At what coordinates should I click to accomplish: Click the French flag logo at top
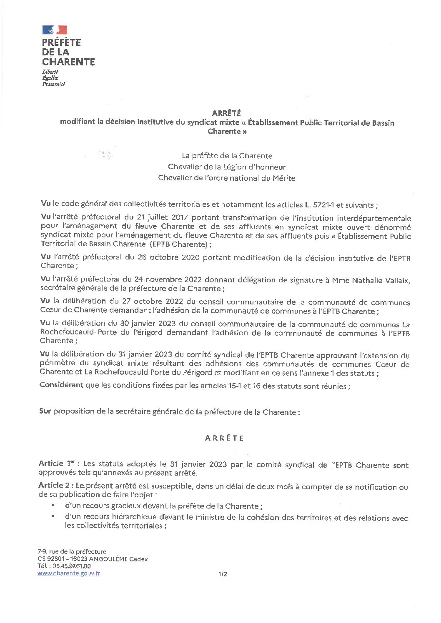pos(55,30)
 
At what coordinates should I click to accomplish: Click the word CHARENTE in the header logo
pos(68,62)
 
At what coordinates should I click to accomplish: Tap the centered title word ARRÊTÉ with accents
pos(226,113)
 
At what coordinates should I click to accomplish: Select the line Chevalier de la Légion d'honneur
pos(227,167)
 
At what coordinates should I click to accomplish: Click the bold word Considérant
pos(61,385)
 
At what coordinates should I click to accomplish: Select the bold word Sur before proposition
pos(45,411)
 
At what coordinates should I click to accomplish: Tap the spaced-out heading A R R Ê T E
pos(224,438)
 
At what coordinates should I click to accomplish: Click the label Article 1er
pos(59,464)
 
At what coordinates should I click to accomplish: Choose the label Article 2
pos(56,486)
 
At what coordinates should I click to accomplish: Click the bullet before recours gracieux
pos(53,506)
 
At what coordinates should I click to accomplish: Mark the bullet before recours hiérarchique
pos(53,516)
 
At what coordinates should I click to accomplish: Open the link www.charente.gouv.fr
pos(69,573)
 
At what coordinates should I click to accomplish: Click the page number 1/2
pos(223,574)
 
